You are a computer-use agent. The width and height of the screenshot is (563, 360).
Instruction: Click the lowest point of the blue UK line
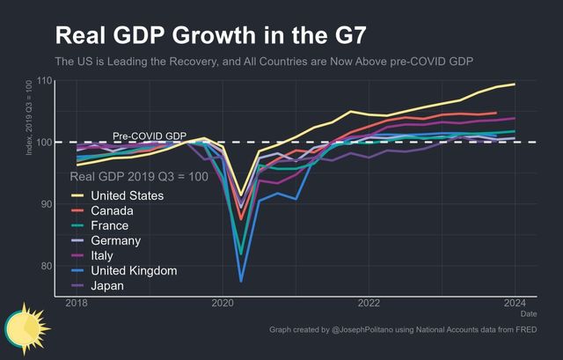coord(241,281)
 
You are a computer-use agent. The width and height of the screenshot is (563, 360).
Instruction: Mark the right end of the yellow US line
coord(515,84)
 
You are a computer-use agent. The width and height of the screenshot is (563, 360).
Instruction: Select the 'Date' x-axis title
coord(528,313)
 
